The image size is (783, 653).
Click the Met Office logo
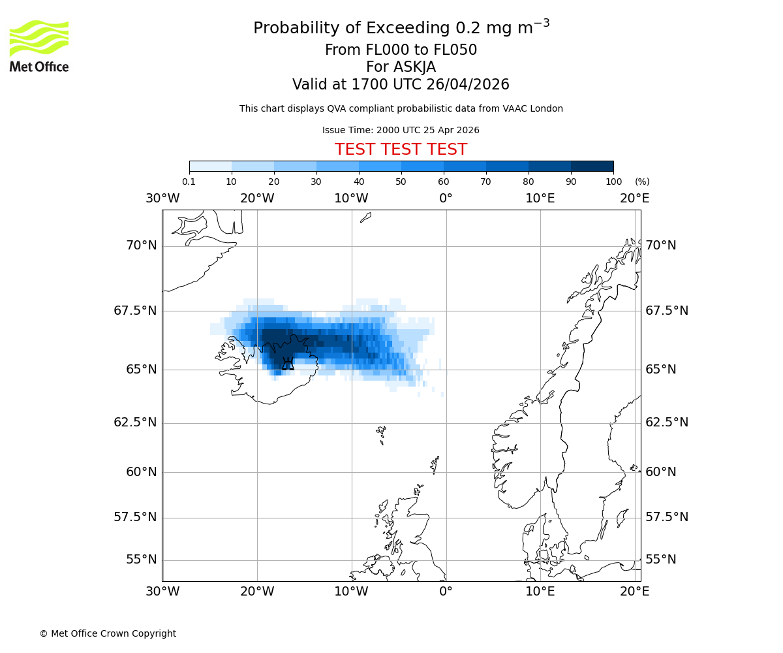[x=39, y=46]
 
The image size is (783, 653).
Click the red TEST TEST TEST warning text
[x=401, y=150]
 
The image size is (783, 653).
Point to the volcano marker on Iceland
[x=288, y=364]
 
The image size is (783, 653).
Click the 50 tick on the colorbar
[x=401, y=182]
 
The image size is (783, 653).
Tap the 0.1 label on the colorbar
[x=189, y=182]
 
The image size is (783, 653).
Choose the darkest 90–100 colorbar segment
[x=592, y=166]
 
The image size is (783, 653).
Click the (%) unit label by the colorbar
[x=642, y=182]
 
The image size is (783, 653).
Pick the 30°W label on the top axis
[x=162, y=199]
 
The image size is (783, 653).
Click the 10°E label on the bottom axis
[x=540, y=592]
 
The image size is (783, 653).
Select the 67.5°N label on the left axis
[x=135, y=311]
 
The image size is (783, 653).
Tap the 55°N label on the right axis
[x=661, y=560]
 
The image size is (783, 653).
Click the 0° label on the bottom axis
[x=446, y=592]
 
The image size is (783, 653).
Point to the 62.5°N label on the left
[x=135, y=422]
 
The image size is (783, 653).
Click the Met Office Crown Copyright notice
[x=108, y=633]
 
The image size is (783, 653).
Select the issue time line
[x=401, y=130]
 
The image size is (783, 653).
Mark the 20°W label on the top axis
[x=257, y=199]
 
